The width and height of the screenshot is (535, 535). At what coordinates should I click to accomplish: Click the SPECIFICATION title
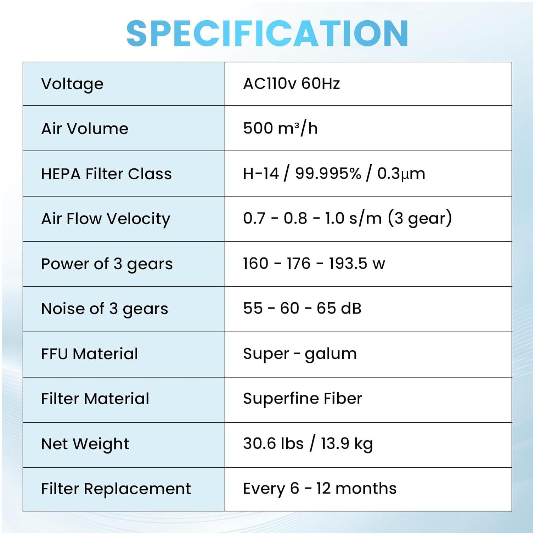[267, 33]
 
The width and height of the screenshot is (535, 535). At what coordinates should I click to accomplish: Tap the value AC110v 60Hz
[291, 84]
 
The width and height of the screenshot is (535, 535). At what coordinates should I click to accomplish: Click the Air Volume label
[85, 129]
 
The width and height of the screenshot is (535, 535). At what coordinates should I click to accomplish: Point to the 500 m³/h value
[280, 128]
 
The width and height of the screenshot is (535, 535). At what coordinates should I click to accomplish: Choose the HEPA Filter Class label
[106, 174]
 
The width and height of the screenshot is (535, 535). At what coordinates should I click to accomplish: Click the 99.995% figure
[328, 174]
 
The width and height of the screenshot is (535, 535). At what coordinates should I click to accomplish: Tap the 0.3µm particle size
[401, 174]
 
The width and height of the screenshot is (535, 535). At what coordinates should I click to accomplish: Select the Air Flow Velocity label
[106, 219]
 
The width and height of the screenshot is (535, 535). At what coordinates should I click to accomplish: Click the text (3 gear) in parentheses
[420, 218]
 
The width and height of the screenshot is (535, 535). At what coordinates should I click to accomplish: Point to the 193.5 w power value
[357, 264]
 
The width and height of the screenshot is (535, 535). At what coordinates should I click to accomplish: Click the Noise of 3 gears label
[105, 309]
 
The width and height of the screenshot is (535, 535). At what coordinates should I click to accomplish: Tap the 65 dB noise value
[339, 308]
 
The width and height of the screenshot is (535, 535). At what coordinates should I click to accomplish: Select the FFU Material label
[89, 354]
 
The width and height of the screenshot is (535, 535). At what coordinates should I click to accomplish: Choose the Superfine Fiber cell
[302, 399]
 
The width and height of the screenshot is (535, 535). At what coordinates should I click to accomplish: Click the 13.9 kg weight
[347, 444]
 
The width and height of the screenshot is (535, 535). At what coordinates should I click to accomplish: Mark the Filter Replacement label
[116, 489]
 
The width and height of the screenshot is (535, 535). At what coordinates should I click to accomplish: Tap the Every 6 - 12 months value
[320, 489]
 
